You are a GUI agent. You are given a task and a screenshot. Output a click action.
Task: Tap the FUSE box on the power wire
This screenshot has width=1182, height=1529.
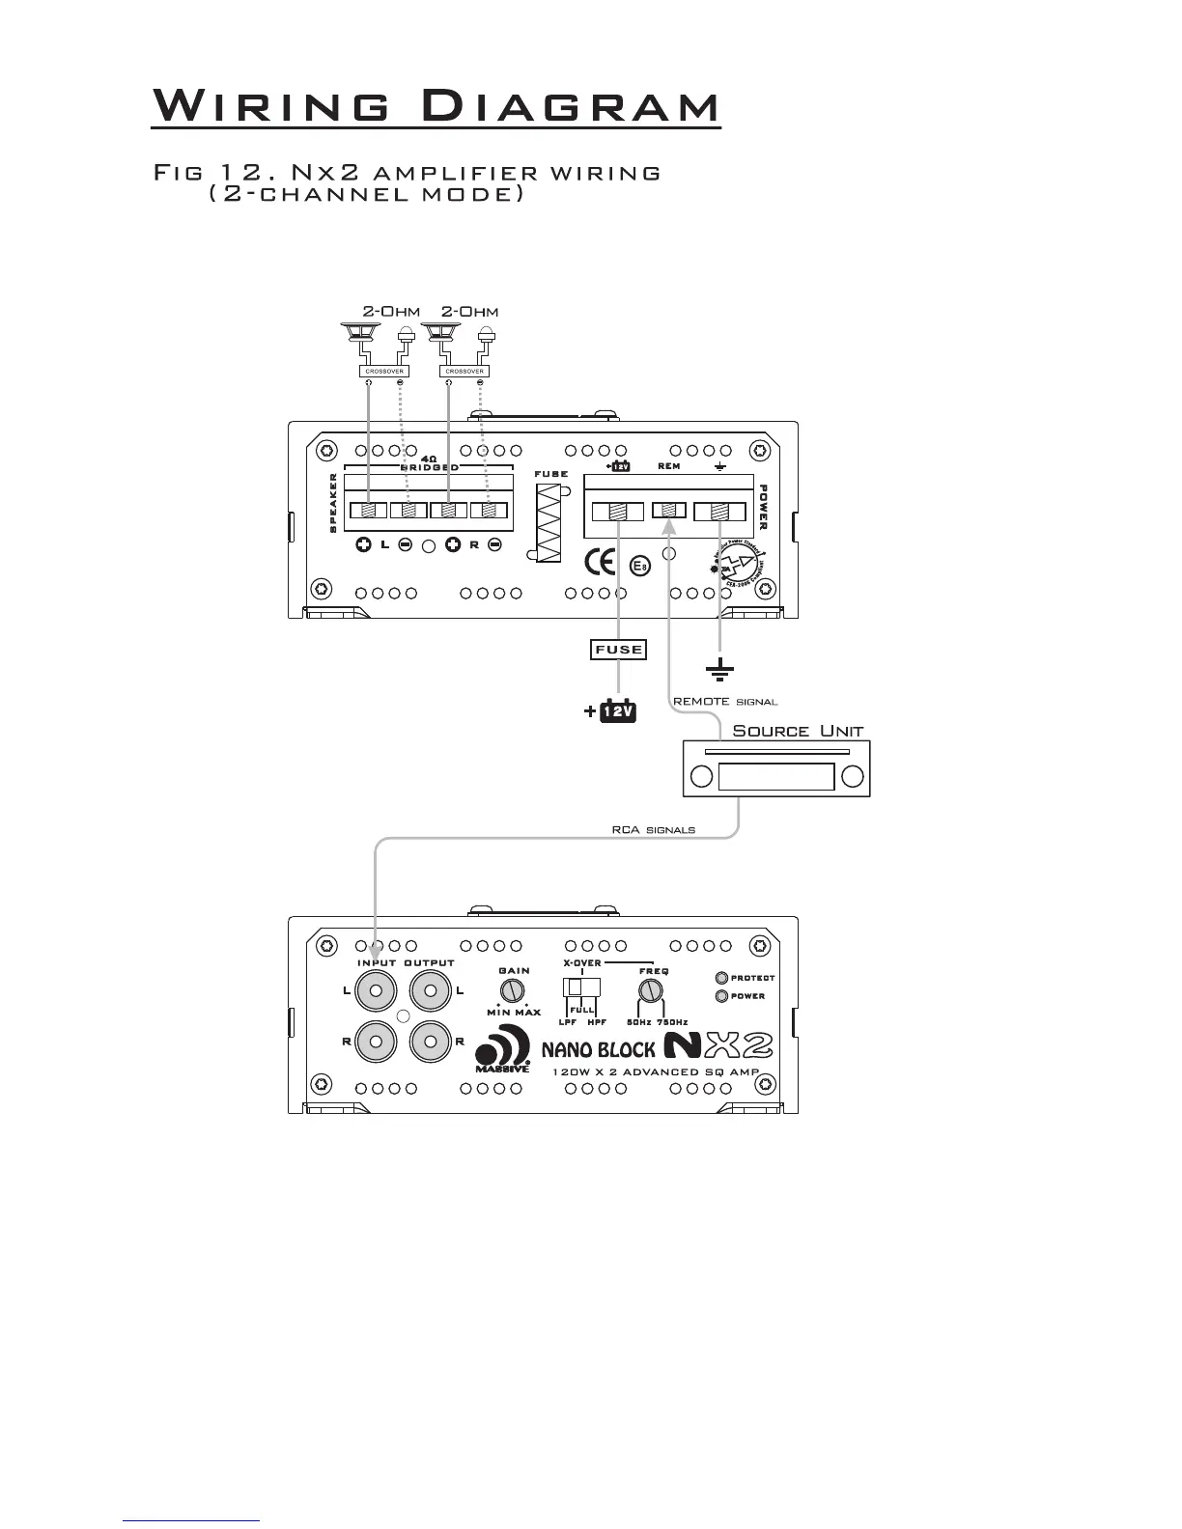(618, 650)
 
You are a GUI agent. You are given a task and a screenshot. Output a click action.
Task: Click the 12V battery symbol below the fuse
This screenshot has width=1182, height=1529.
(617, 711)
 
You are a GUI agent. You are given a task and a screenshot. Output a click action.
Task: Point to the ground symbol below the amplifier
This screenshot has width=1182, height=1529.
(719, 667)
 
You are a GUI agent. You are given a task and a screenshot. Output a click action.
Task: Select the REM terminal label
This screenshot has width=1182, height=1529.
(668, 466)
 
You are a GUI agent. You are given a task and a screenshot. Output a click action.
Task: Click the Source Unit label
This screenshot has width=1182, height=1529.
(798, 731)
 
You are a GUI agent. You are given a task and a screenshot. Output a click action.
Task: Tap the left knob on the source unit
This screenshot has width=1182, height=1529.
(702, 777)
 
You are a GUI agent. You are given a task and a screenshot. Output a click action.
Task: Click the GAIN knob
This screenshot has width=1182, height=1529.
(513, 990)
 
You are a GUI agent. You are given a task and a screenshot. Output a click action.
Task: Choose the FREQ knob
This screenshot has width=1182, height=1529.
(653, 991)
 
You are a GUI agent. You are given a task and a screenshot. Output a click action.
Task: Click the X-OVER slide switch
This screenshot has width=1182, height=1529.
(581, 987)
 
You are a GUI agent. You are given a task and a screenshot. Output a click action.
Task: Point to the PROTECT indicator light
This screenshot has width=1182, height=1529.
(720, 978)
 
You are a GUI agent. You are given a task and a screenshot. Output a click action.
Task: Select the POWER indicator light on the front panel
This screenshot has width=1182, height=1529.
(720, 996)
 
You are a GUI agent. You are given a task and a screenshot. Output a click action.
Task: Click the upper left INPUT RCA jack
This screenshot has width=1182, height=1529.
(377, 990)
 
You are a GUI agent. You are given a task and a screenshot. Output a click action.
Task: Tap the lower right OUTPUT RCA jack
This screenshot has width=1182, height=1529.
(431, 1042)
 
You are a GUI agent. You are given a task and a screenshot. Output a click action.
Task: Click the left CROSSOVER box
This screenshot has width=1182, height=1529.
(384, 371)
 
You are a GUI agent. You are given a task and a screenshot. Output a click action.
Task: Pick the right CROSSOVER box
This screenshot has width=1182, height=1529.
(464, 371)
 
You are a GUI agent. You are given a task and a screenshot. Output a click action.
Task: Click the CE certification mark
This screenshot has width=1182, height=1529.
(601, 561)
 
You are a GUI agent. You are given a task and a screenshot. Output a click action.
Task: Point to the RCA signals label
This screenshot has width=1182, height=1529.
(653, 829)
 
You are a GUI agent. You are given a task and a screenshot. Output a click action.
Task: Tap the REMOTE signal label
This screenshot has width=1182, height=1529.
(724, 702)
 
